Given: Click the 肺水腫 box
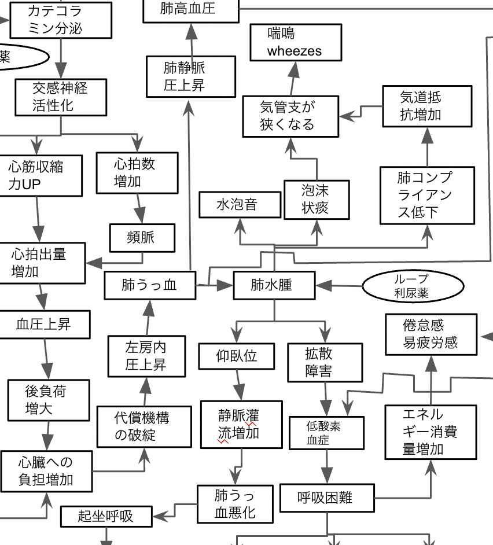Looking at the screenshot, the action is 274,285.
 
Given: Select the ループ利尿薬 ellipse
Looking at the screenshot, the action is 413,286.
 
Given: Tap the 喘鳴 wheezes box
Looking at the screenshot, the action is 296,42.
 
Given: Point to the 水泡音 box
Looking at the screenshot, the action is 240,205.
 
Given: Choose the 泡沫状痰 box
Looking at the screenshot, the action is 317,200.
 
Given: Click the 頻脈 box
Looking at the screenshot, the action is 142,238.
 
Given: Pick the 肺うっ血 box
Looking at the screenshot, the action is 150,285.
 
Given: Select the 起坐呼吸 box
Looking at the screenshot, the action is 106,517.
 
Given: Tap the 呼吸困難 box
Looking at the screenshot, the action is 327,498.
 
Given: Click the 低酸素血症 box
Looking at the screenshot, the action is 326,433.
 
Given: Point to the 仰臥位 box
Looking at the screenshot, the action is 237,356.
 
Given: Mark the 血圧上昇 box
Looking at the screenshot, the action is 44,325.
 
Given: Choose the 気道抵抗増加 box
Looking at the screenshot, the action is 427,106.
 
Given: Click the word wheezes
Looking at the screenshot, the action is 295,51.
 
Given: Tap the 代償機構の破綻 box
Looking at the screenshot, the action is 144,426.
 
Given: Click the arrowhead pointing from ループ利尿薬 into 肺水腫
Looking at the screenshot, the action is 323,286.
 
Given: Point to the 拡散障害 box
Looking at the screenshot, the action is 325,363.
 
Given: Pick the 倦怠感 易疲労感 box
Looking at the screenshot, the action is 431,334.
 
